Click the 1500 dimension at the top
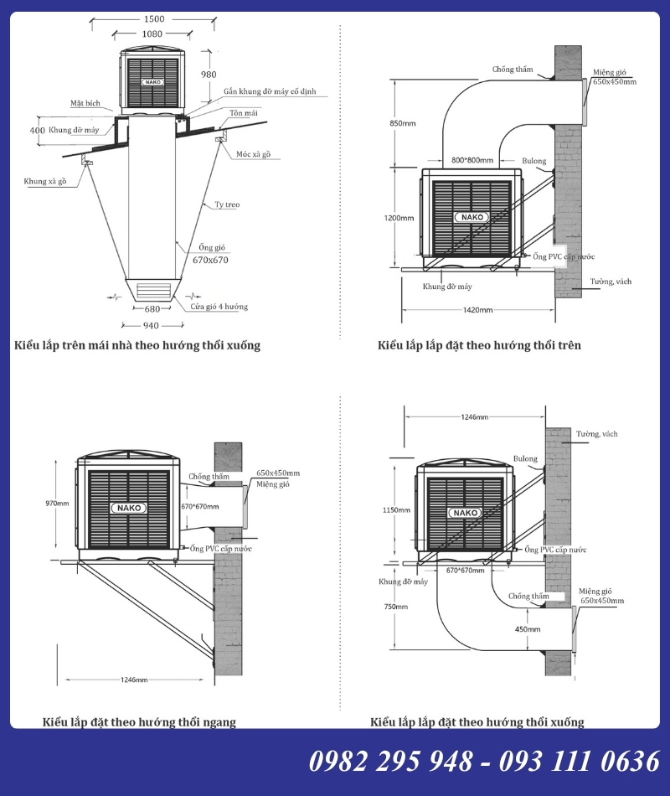[x=154, y=19]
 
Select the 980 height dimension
[x=209, y=75]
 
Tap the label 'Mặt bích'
[x=85, y=104]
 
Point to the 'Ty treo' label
[x=227, y=204]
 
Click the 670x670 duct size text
[x=210, y=260]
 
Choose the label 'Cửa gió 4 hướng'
[x=219, y=307]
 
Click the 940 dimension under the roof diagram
[x=151, y=325]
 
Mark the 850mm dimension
[x=403, y=123]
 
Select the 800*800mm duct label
[x=472, y=160]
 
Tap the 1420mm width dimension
[x=477, y=310]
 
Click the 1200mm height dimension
[x=399, y=219]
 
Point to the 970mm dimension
[x=57, y=504]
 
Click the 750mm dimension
[x=396, y=607]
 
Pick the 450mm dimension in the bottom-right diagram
[x=528, y=629]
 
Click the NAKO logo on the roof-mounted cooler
[x=152, y=82]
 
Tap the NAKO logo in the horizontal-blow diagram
[x=129, y=508]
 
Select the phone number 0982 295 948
[x=391, y=762]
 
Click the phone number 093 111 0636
[x=580, y=762]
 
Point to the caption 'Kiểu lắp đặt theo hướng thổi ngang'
[x=139, y=722]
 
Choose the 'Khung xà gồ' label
[x=45, y=181]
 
